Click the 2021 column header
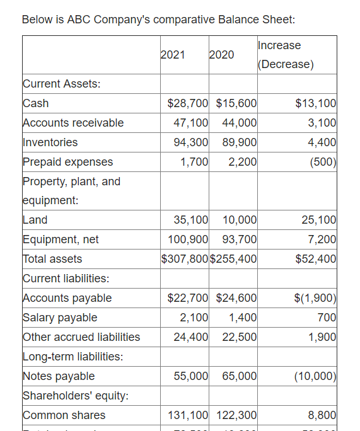[x=173, y=55]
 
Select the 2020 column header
[x=221, y=55]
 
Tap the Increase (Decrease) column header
[x=286, y=55]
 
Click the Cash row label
[x=36, y=103]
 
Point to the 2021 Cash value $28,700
[x=188, y=103]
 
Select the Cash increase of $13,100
[x=315, y=103]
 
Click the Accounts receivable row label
[x=73, y=123]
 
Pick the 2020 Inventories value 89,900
[x=239, y=142]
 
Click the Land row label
[x=35, y=220]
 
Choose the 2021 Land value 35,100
[x=190, y=220]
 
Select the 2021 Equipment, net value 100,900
[x=188, y=239]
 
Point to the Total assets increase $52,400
[x=315, y=259]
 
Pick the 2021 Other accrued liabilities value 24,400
[x=190, y=337]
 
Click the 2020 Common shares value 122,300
[x=236, y=415]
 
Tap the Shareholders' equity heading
[x=76, y=396]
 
